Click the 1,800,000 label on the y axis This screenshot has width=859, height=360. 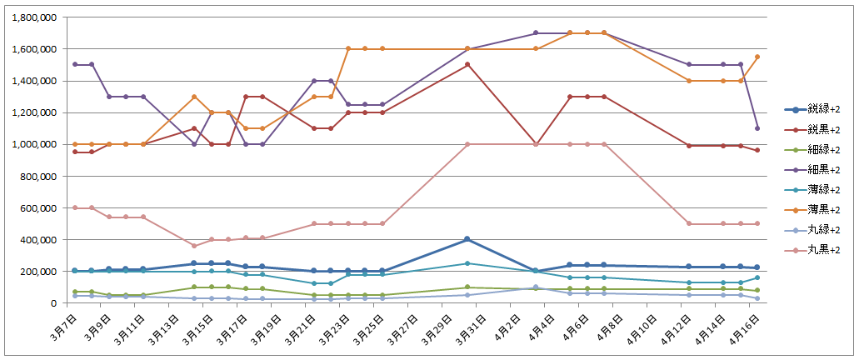34,17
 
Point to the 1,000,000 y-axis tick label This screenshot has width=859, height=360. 34,144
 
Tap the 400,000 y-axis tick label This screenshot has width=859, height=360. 39,240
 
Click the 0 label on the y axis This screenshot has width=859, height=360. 52,303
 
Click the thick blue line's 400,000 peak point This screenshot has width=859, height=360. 467,239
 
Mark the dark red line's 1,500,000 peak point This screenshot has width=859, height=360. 467,64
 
